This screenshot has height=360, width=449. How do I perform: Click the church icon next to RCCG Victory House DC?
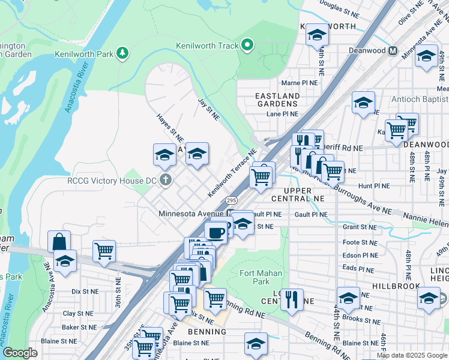click(170, 180)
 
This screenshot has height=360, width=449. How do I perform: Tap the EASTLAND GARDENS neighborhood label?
click(277, 100)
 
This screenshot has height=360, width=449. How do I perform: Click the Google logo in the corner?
click(20, 353)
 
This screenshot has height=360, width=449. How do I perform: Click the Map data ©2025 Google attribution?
click(412, 355)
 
